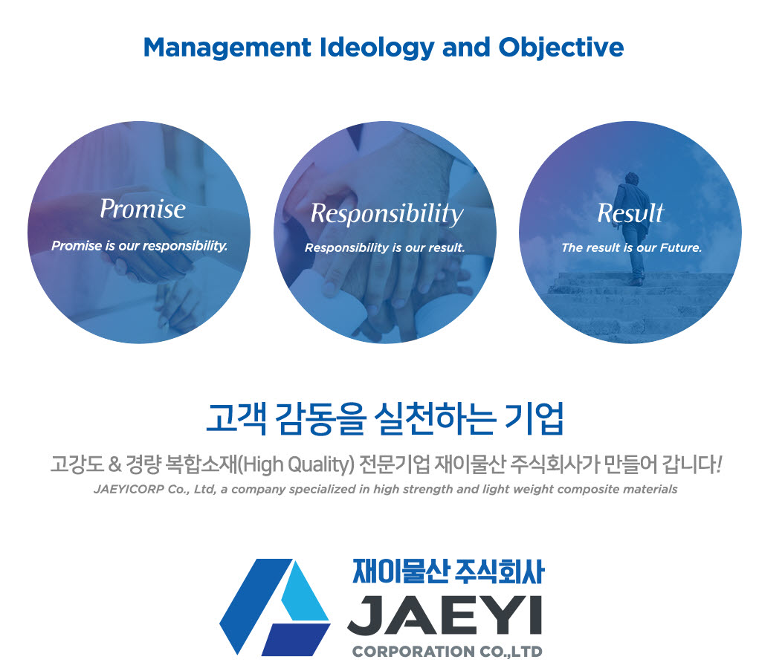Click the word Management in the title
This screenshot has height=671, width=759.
click(227, 48)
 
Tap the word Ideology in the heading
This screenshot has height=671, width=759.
click(377, 48)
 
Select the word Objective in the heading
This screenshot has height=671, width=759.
click(561, 48)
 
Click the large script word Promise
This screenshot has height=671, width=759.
click(143, 209)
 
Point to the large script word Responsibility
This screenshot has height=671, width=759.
click(387, 214)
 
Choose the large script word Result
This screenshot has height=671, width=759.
click(630, 213)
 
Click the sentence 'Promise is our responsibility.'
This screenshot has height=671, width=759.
click(140, 246)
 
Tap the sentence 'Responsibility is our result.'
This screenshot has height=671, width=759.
click(385, 247)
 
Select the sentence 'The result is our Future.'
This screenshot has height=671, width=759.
click(631, 247)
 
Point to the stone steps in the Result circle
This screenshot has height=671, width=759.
click(639, 305)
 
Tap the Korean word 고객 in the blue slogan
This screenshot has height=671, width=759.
click(236, 418)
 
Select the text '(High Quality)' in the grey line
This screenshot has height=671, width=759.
click(297, 465)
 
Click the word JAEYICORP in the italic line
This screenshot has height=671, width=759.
click(129, 489)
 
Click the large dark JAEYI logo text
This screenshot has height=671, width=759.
click(445, 615)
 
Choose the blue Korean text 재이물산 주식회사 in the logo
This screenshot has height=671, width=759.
click(448, 571)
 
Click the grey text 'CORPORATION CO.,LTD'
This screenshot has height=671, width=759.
click(448, 652)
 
